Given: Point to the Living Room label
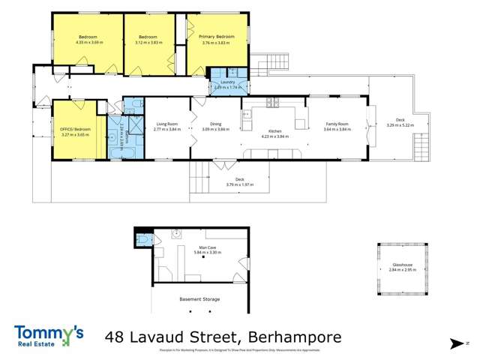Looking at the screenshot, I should [x=166, y=124].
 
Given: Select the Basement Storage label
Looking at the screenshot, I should [x=199, y=299].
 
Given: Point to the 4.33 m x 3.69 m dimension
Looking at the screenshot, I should [x=88, y=42].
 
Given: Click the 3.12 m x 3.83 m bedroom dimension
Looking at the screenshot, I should [x=147, y=42].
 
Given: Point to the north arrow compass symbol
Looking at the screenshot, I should [x=457, y=343].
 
